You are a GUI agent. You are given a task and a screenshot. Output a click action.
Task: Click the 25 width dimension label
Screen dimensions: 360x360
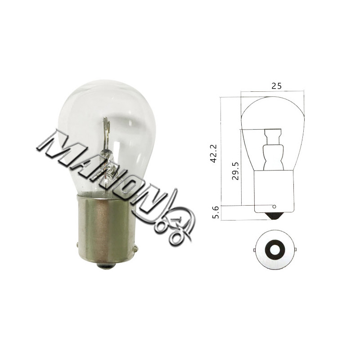click(276, 86)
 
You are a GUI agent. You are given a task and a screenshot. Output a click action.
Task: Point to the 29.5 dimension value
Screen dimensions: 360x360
click(235, 171)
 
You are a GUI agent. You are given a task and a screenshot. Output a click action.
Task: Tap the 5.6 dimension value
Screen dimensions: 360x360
click(216, 212)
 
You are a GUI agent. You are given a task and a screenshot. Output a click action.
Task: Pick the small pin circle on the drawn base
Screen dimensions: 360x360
click(274, 207)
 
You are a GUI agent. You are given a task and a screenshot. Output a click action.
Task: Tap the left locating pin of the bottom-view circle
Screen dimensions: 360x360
click(254, 250)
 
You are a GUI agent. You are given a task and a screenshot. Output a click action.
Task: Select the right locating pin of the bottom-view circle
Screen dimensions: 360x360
click(295, 250)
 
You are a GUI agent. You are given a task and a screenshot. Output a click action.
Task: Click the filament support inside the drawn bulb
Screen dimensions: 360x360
click(273, 149)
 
